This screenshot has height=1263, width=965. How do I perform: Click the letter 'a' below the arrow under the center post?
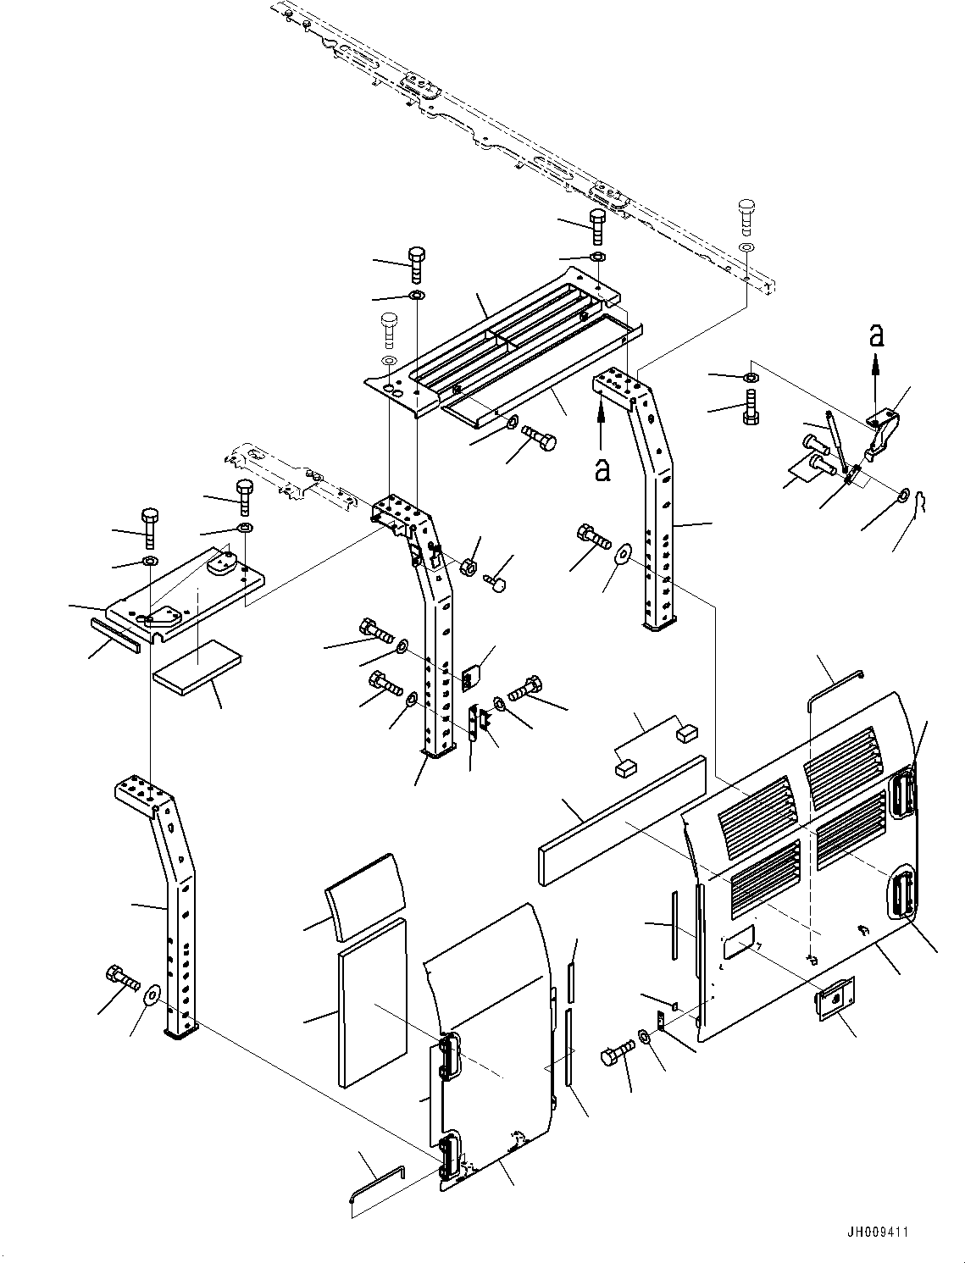(602, 470)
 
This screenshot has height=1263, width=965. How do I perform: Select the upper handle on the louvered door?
(905, 794)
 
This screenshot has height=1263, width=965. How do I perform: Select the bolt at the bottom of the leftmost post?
(121, 979)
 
